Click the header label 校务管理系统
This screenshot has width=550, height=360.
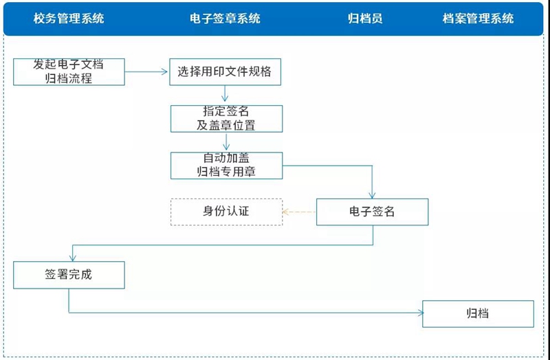pyautogui.click(x=69, y=19)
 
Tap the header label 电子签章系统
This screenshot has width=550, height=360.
pyautogui.click(x=225, y=19)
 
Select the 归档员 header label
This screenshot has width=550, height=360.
pyautogui.click(x=365, y=19)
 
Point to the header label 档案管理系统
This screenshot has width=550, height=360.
pyautogui.click(x=478, y=19)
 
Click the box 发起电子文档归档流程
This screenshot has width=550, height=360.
pyautogui.click(x=69, y=72)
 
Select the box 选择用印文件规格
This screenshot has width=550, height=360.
pyautogui.click(x=225, y=72)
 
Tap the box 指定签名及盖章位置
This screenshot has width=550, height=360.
pyautogui.click(x=226, y=119)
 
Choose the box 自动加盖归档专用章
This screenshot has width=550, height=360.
pyautogui.click(x=226, y=166)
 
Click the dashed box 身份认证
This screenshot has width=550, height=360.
pyautogui.click(x=226, y=212)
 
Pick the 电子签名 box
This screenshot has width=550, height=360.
pyautogui.click(x=372, y=212)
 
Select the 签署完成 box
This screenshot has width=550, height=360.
pyautogui.click(x=69, y=275)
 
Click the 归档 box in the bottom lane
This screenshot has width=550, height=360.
pyautogui.click(x=478, y=314)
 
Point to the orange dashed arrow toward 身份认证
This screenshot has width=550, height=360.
pyautogui.click(x=299, y=212)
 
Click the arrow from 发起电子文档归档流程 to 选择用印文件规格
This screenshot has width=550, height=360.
pyautogui.click(x=146, y=72)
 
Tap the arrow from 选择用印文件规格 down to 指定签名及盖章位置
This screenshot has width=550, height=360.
pyautogui.click(x=225, y=93)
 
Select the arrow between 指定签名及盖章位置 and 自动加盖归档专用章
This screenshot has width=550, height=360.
pyautogui.click(x=226, y=142)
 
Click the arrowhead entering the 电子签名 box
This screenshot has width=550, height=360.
pyautogui.click(x=372, y=196)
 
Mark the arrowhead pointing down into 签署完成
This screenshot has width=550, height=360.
pyautogui.click(x=73, y=258)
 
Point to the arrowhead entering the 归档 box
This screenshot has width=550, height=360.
pyautogui.click(x=420, y=313)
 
